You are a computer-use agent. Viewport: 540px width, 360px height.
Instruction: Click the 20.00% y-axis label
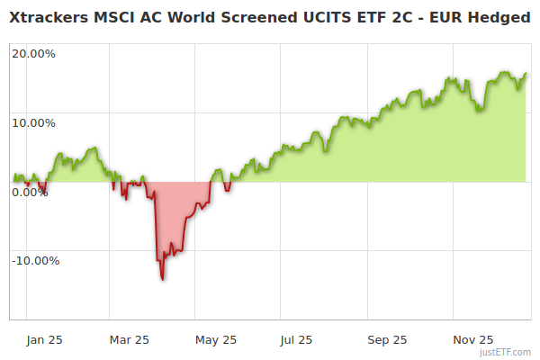tap(33, 53)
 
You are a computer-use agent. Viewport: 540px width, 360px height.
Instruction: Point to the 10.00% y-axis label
tap(33, 122)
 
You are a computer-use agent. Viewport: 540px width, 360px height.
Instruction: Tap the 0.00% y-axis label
tap(30, 192)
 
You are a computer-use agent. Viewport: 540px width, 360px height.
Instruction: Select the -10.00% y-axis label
tap(35, 261)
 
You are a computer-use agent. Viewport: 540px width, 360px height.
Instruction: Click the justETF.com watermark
tap(504, 352)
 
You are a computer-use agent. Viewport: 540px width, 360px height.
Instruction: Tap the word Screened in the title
tap(267, 18)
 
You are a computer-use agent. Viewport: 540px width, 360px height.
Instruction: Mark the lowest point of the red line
tap(162, 279)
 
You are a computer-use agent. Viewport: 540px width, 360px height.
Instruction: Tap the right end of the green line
tap(526, 74)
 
